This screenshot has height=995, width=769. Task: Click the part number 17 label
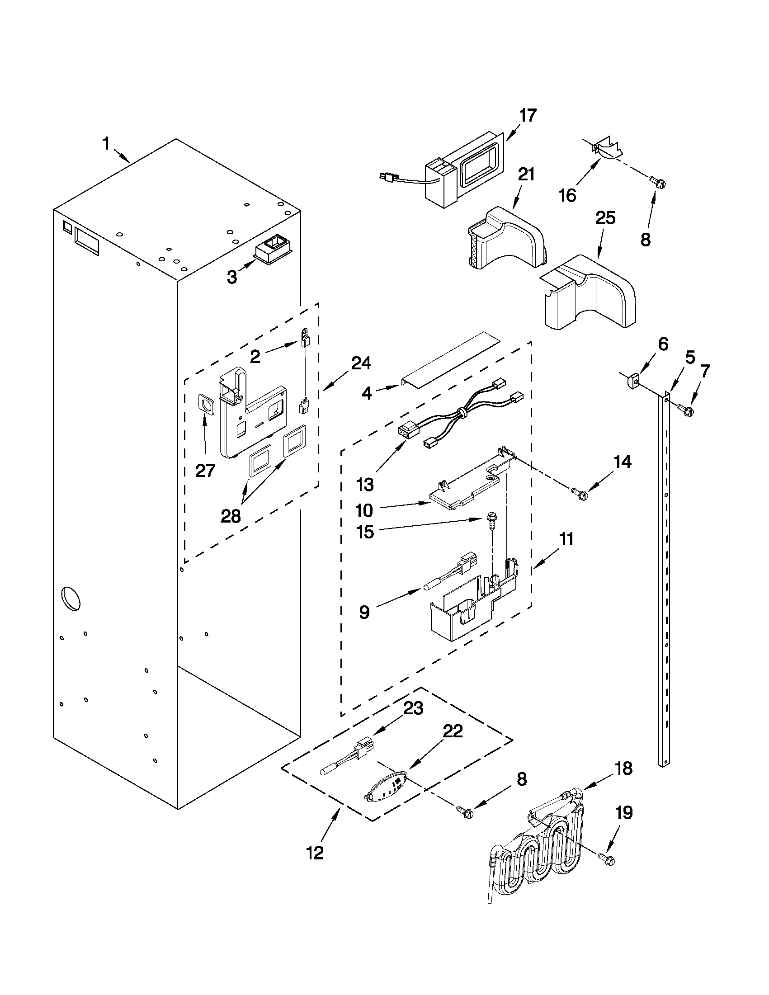pos(528,116)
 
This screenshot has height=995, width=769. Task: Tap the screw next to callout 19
pos(607,860)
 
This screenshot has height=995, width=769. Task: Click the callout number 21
pos(526,174)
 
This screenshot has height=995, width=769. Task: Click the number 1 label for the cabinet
pos(106,144)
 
